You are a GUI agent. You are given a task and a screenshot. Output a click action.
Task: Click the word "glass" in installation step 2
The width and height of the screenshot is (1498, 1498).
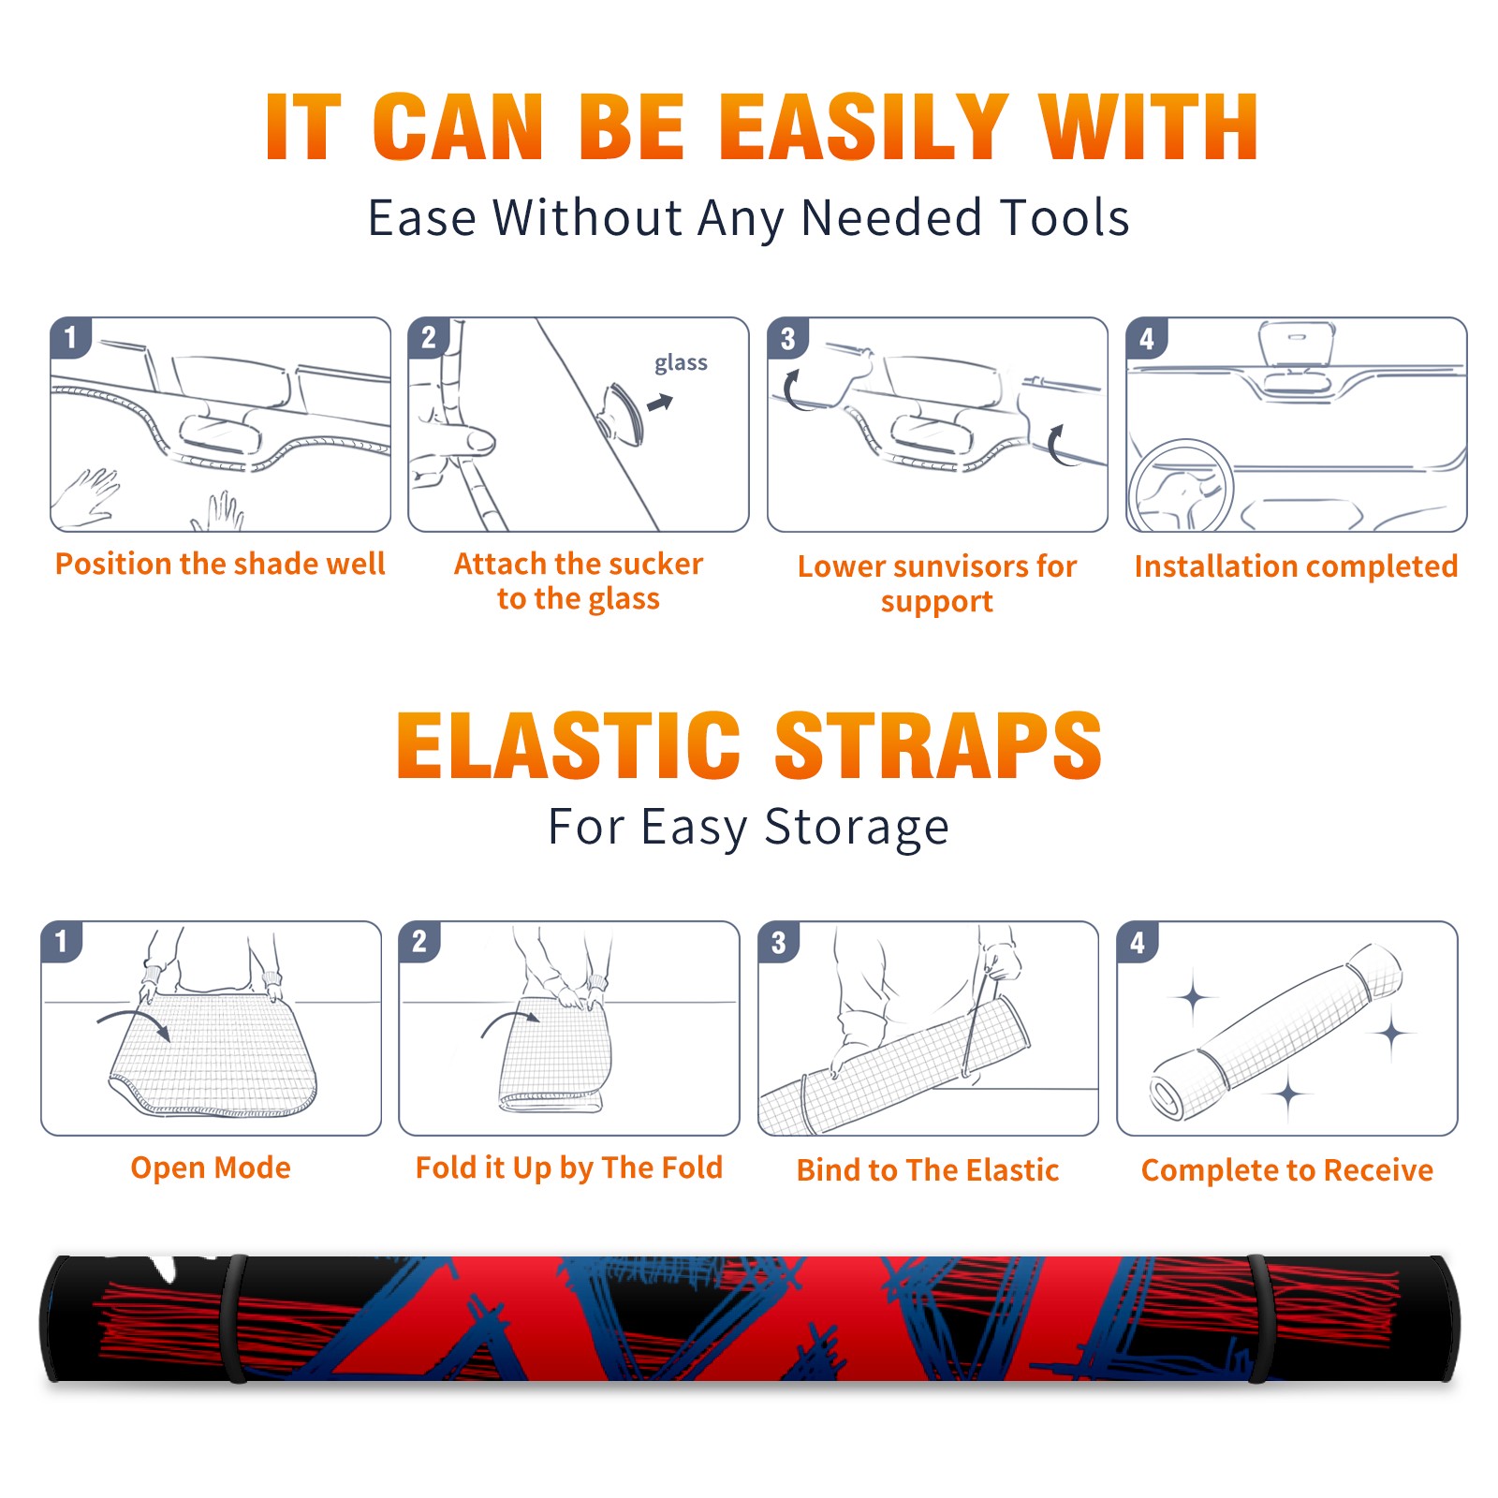(x=681, y=363)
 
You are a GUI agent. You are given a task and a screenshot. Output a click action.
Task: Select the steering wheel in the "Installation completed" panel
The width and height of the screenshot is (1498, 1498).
(x=1181, y=486)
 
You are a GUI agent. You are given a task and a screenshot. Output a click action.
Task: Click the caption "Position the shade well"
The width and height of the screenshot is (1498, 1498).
(x=220, y=564)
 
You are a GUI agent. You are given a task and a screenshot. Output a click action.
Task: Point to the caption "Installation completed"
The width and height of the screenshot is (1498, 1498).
(x=1296, y=565)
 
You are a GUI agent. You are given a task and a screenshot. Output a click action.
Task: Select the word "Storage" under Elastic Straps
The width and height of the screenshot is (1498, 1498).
(x=857, y=828)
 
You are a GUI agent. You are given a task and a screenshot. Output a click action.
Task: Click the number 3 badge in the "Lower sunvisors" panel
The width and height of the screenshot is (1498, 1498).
(x=787, y=338)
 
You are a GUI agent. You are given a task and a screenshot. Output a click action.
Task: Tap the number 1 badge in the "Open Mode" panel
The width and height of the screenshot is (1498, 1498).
(x=62, y=941)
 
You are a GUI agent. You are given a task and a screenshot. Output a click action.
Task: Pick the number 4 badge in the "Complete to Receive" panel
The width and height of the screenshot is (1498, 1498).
(x=1138, y=942)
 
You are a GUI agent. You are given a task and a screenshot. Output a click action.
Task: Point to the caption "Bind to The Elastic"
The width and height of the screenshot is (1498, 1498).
(x=928, y=1169)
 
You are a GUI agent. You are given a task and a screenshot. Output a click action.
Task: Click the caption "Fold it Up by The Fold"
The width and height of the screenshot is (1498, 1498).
(x=569, y=1168)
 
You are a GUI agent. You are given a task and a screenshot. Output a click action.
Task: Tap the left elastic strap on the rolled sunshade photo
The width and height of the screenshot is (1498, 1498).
(x=233, y=1318)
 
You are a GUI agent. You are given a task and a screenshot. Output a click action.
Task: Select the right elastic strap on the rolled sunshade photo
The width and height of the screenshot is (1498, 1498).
(x=1260, y=1318)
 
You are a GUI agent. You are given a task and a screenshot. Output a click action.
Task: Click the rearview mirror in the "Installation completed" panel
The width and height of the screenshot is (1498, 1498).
(x=1296, y=345)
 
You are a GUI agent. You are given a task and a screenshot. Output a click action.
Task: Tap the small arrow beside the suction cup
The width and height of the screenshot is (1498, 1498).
(x=661, y=403)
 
